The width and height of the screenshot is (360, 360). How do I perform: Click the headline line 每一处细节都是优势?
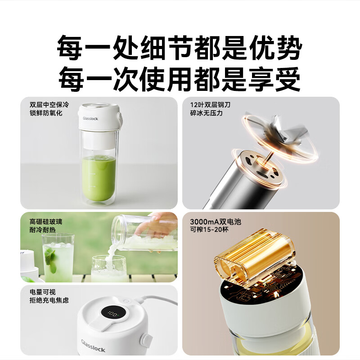[180, 47]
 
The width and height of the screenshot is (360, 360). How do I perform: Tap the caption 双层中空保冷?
[49, 104]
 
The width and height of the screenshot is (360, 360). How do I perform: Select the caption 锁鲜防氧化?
[46, 113]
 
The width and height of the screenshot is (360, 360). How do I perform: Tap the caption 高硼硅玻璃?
[46, 221]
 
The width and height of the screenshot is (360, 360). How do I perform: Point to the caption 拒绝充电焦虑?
[49, 300]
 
